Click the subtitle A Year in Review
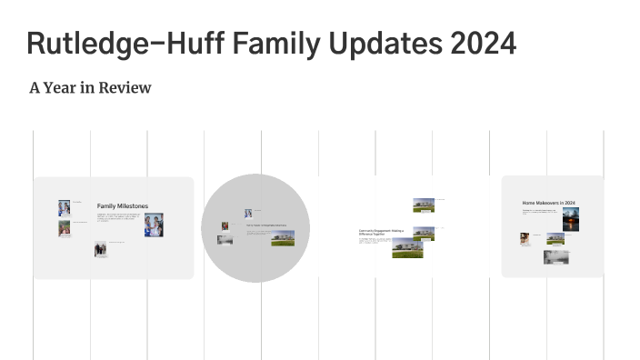(x=90, y=88)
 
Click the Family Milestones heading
(x=122, y=206)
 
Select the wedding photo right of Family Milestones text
(x=154, y=225)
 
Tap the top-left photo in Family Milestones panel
(x=64, y=206)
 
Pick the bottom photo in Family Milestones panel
(x=100, y=248)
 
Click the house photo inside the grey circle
(x=282, y=237)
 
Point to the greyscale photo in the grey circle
(x=224, y=240)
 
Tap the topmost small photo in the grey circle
(x=247, y=213)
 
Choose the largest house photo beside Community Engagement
(x=407, y=247)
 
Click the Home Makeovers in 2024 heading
(x=548, y=203)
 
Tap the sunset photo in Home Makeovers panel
(x=571, y=221)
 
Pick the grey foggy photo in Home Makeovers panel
(x=555, y=257)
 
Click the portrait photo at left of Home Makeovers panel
(x=525, y=238)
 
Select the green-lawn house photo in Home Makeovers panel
(x=555, y=238)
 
